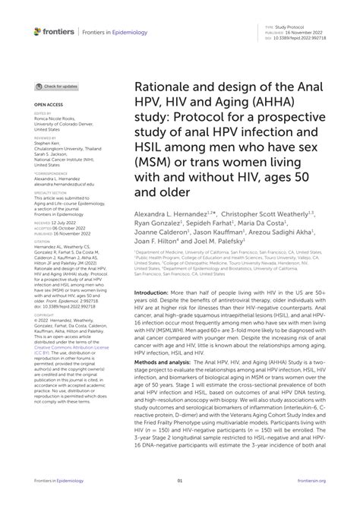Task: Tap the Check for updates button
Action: [x=56, y=87]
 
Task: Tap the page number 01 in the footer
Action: [x=180, y=480]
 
